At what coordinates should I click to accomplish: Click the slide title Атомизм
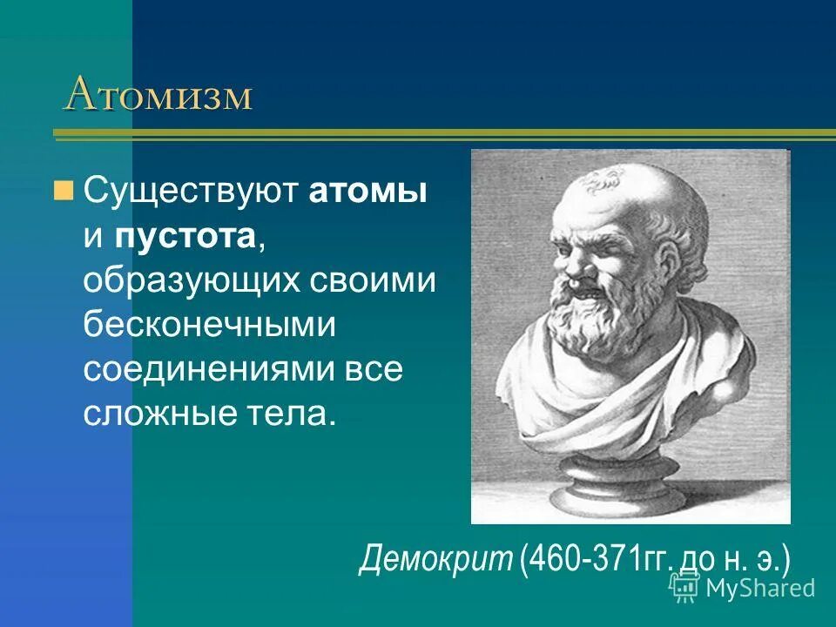158,95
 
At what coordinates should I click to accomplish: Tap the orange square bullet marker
63,190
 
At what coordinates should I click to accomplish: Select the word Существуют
192,192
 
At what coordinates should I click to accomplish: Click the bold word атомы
367,192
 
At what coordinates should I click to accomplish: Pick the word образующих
192,281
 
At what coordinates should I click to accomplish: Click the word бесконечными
209,325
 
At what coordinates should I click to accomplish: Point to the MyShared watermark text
759,588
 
